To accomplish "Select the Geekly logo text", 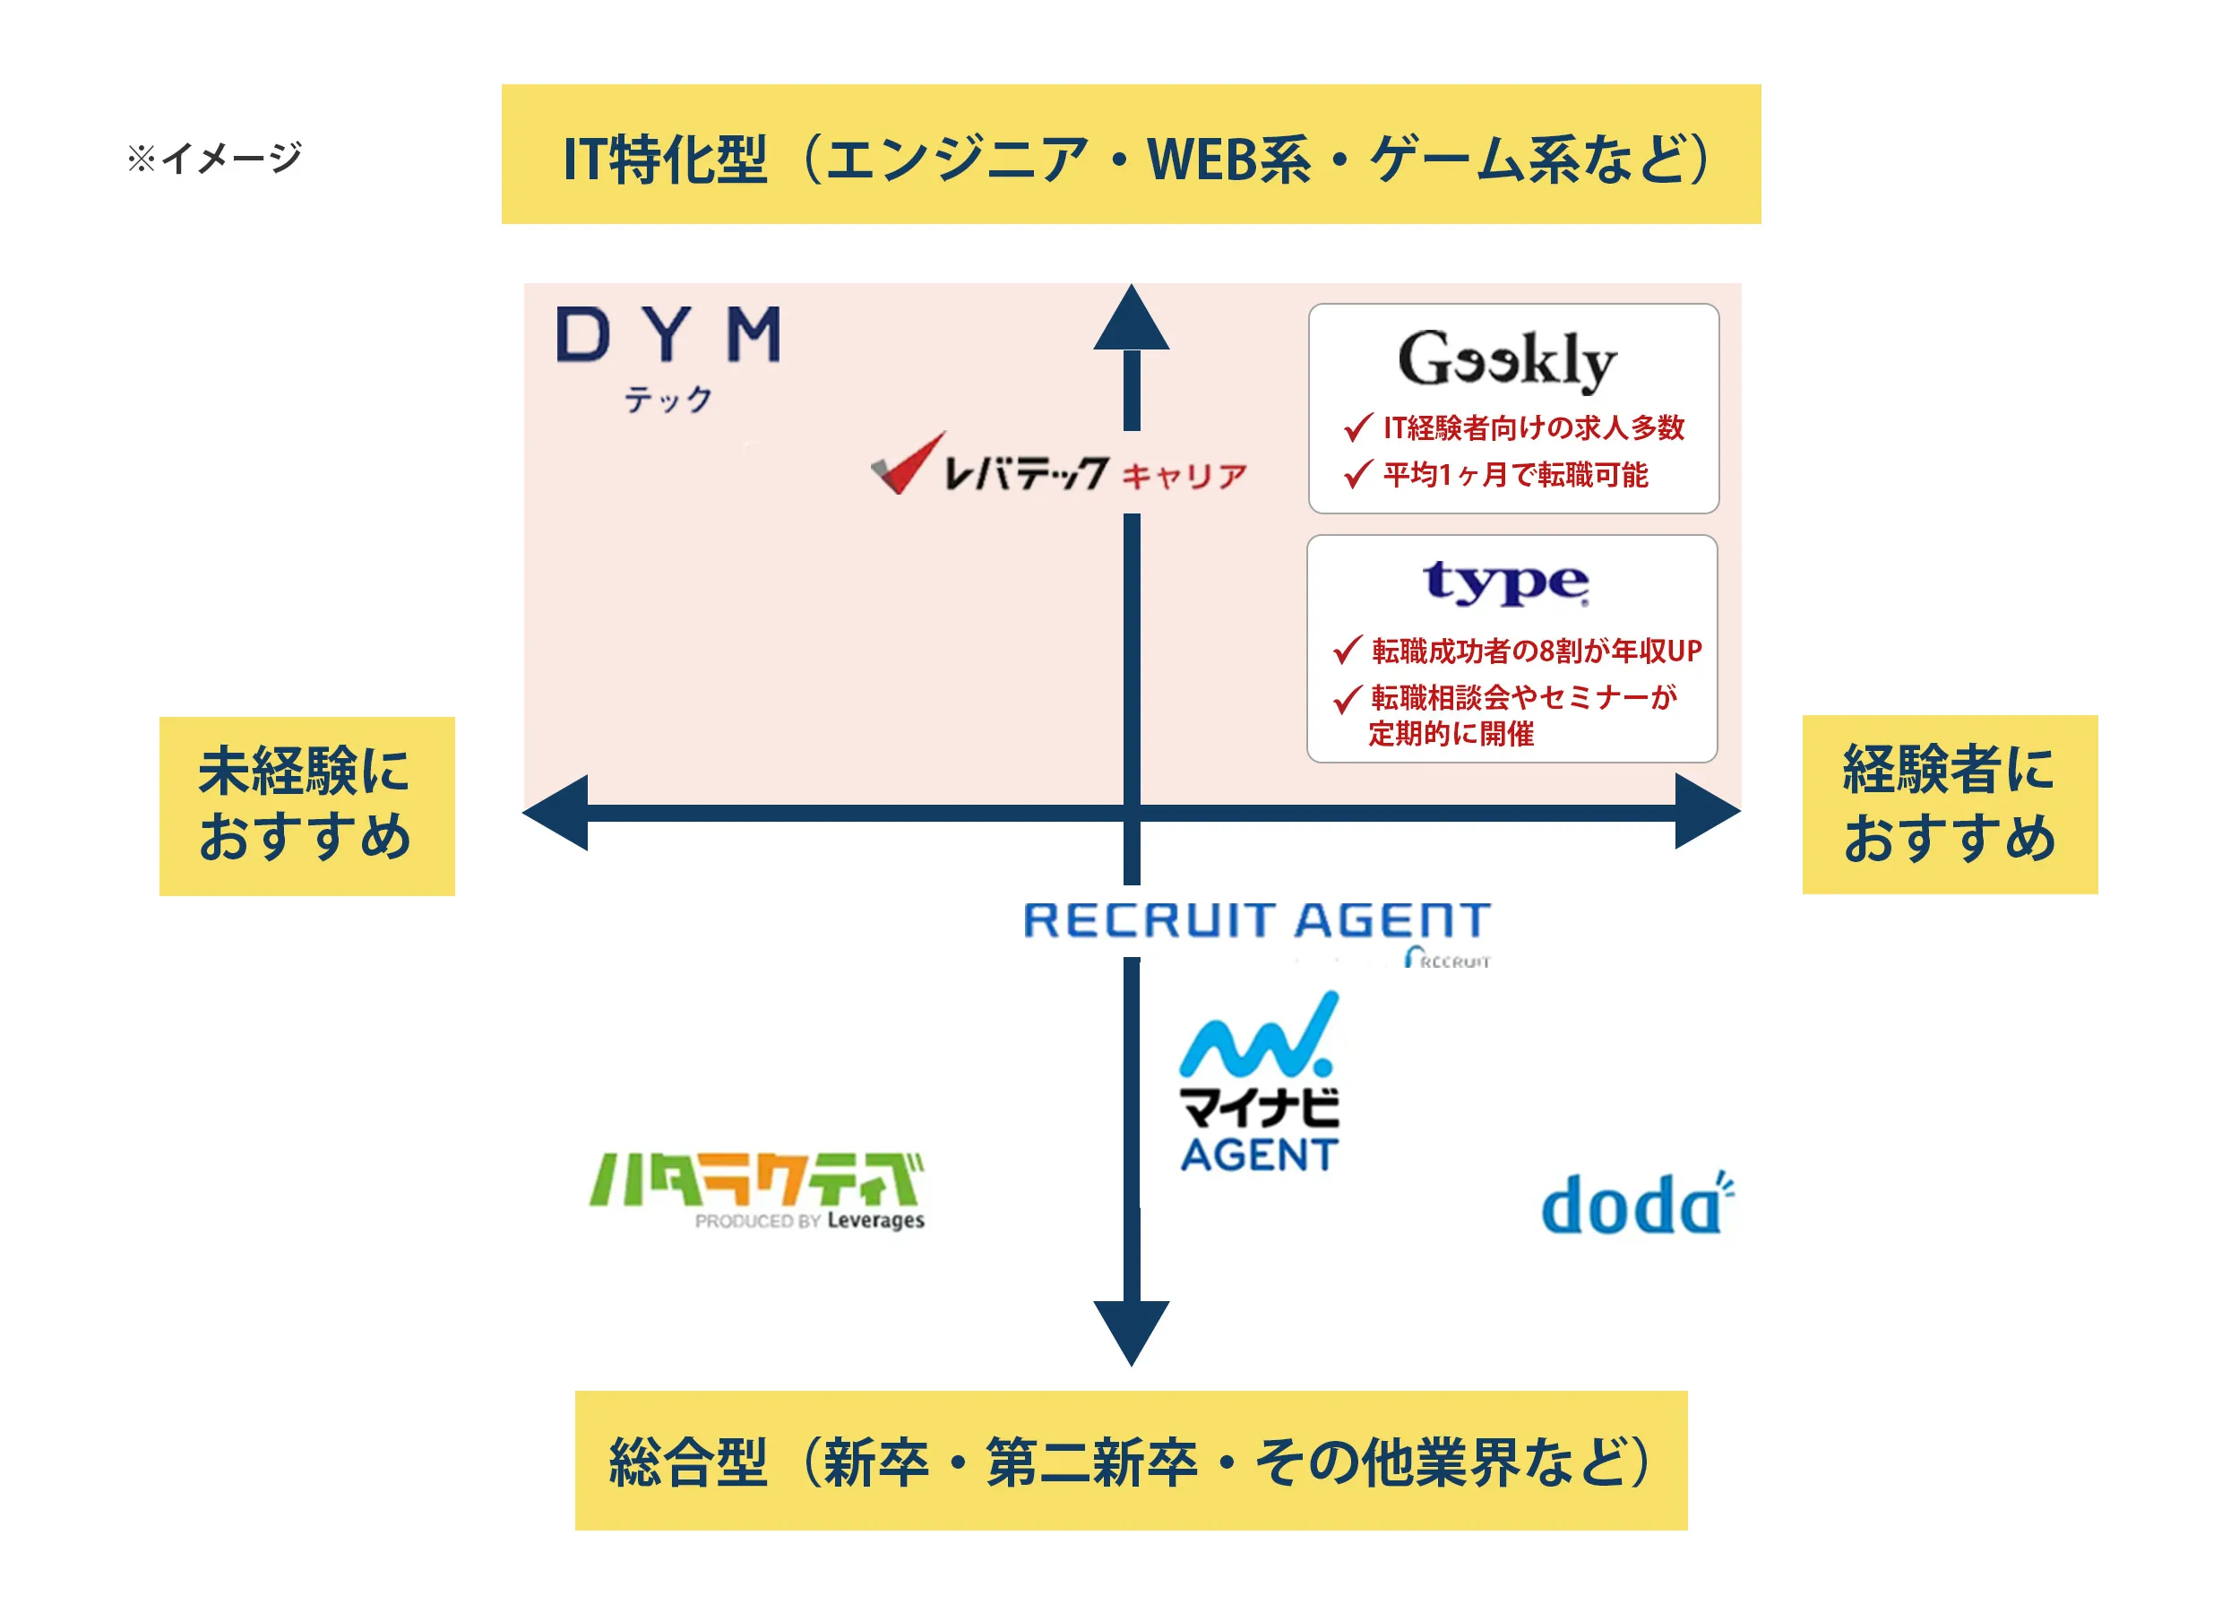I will [x=1506, y=359].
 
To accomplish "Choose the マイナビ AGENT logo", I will [x=1259, y=1083].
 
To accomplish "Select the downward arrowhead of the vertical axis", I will [x=1132, y=1330].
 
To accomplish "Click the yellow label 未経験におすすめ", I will [x=306, y=806].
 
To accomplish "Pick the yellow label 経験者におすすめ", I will [x=1949, y=805].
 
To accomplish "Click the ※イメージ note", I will [x=214, y=158].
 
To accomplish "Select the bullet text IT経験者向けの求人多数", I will [x=1532, y=428].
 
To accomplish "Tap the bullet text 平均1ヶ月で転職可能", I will [x=1515, y=475].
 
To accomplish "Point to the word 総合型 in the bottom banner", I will [x=688, y=1462].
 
